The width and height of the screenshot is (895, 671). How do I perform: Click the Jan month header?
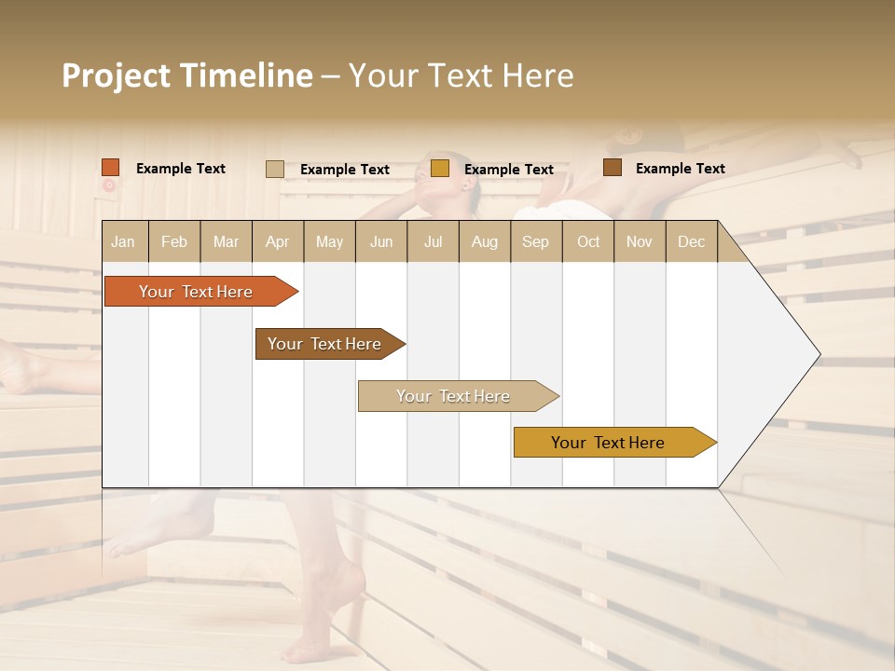123,241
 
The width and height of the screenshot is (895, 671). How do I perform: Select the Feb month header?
174,241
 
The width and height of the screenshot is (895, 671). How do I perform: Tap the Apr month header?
277,241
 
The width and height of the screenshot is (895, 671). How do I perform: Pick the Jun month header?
381,241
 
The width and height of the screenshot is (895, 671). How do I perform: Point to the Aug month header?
484,241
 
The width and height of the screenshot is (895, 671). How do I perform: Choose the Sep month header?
535,241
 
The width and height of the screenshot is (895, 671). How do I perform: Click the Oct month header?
588,241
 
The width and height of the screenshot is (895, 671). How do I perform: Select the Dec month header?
691,241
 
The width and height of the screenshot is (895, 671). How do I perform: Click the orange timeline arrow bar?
197,292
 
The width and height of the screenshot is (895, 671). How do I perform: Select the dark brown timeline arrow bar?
325,344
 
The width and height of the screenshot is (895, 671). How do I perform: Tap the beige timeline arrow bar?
454,396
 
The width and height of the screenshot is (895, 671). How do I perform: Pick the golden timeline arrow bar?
609,443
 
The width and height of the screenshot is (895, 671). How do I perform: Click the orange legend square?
111,168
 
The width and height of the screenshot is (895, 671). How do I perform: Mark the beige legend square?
275,169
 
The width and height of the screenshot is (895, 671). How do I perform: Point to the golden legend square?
440,169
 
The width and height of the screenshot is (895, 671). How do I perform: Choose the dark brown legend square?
613,168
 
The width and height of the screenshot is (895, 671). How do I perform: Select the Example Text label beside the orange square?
181,169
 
